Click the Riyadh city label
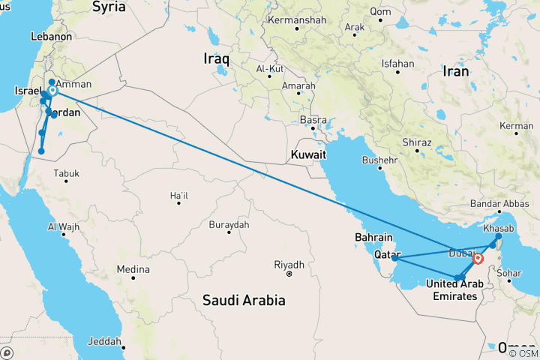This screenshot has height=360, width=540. (x=289, y=265)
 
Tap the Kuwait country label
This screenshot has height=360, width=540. (x=309, y=154)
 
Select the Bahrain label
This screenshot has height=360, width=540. (x=372, y=238)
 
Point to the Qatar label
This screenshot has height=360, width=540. (x=388, y=253)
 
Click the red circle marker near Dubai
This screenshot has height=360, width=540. (x=478, y=259)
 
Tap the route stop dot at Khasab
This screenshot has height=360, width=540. (x=499, y=236)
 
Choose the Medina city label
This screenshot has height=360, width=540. (x=133, y=269)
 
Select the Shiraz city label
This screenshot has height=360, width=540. (x=416, y=142)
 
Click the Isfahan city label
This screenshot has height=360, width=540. (x=397, y=64)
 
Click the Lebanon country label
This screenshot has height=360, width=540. (x=52, y=36)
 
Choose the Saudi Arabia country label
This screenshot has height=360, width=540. (x=244, y=301)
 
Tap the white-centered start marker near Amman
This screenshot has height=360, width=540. (x=52, y=91)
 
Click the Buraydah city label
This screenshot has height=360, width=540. (x=228, y=224)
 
